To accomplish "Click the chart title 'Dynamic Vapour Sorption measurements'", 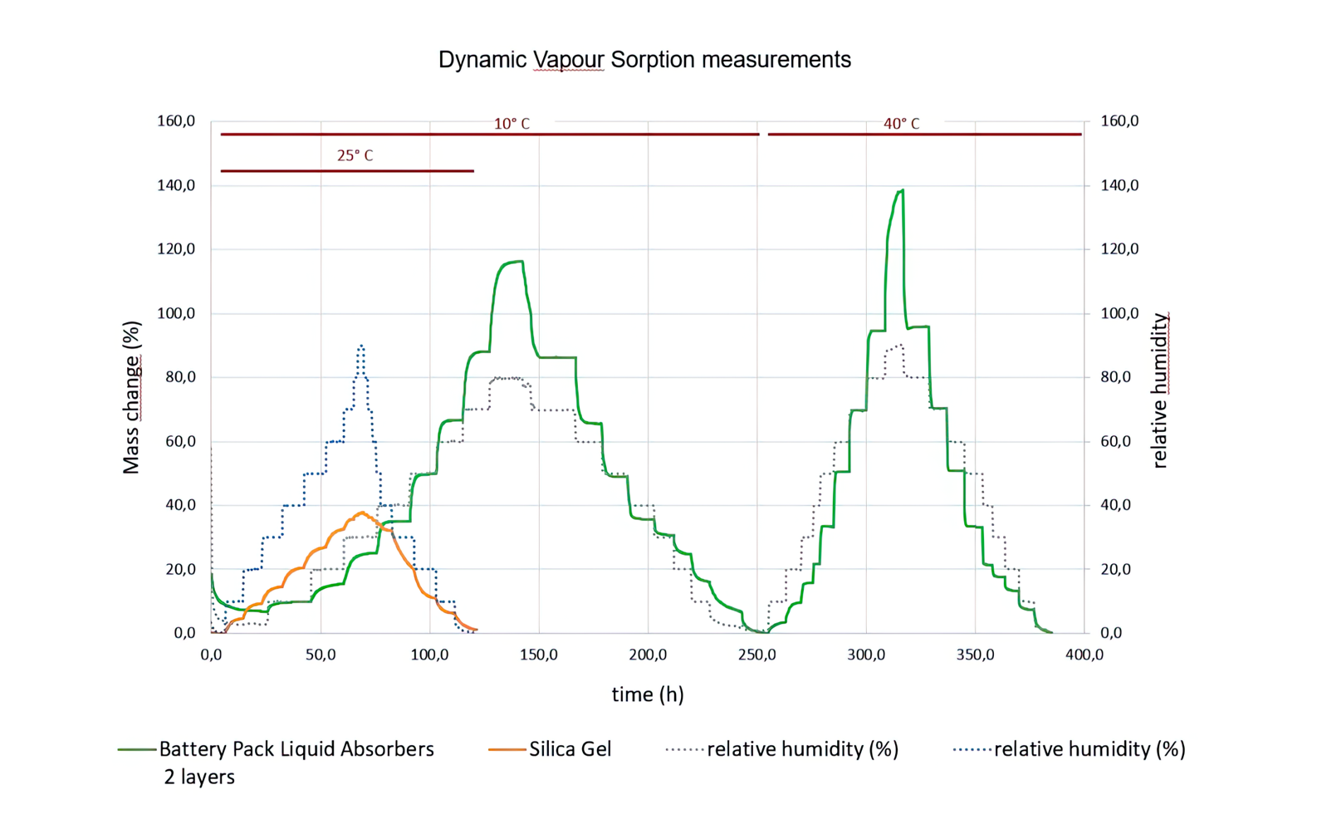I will click(644, 60).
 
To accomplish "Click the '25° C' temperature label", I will click(355, 155).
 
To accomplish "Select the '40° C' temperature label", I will click(901, 124).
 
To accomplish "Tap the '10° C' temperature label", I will click(512, 124).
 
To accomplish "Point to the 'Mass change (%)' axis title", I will click(131, 398).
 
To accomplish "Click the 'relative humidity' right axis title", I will click(1160, 390).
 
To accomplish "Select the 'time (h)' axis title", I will click(648, 694).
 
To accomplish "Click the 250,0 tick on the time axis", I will click(757, 655).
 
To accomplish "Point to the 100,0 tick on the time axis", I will click(429, 655).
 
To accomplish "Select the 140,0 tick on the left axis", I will click(176, 185).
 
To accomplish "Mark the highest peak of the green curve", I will click(902, 190).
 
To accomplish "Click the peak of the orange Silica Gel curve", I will click(362, 513).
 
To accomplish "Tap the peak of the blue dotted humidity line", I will click(360, 346).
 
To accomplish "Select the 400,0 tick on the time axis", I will click(1084, 655).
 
